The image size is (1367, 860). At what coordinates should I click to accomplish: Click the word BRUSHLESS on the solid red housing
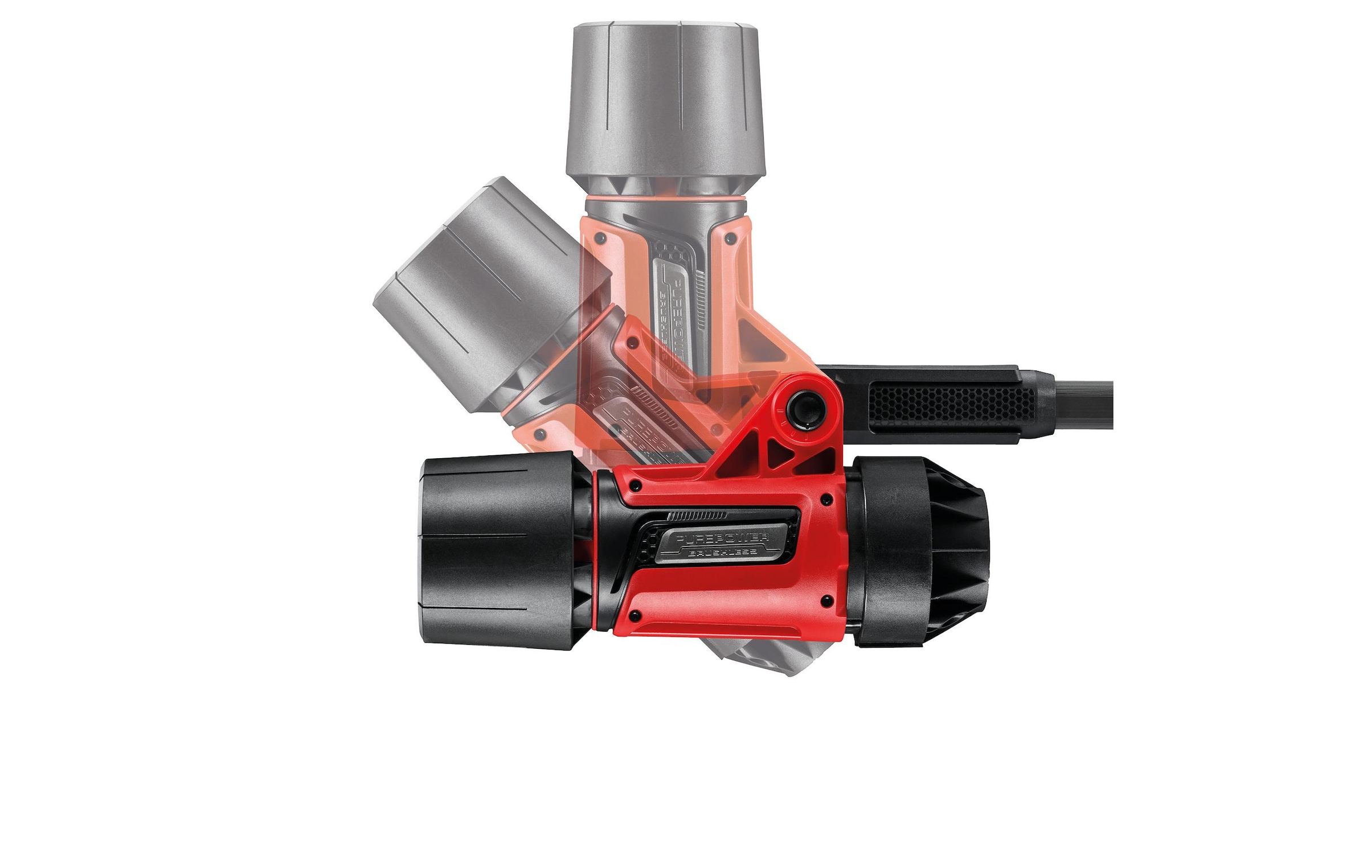click(x=722, y=553)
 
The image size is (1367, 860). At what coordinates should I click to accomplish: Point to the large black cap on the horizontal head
click(x=496, y=552)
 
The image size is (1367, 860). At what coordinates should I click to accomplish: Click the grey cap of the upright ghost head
click(x=665, y=97)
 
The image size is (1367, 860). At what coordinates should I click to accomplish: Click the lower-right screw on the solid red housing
click(x=825, y=599)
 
